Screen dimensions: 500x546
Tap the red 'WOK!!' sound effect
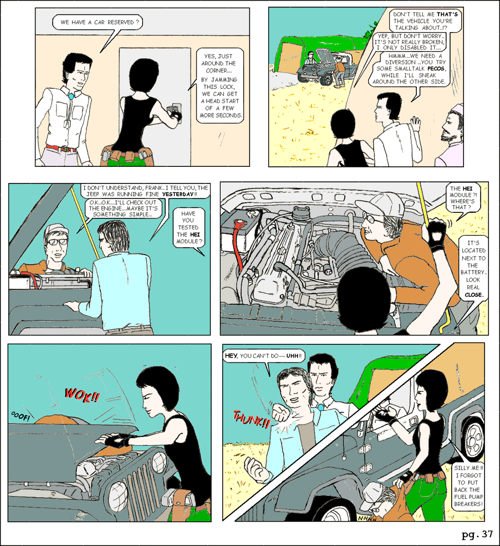pyautogui.click(x=82, y=395)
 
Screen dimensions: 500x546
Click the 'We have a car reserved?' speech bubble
pyautogui.click(x=98, y=22)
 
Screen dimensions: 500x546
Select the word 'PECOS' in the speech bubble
pyautogui.click(x=437, y=69)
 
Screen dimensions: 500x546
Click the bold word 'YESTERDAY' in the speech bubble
pyautogui.click(x=178, y=194)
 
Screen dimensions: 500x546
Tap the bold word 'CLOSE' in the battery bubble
pyautogui.click(x=473, y=294)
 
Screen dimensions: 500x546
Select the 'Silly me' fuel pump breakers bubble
pyautogui.click(x=468, y=486)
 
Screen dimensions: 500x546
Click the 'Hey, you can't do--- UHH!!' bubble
pyautogui.click(x=264, y=356)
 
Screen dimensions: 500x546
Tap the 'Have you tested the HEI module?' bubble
pyautogui.click(x=188, y=227)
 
